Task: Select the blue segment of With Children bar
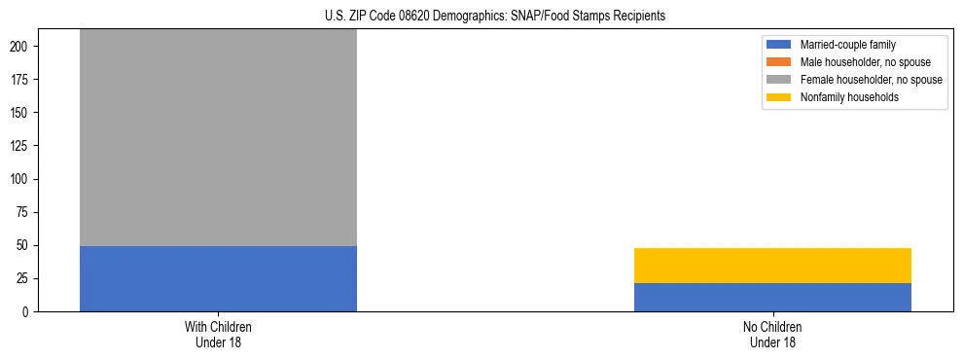(x=218, y=278)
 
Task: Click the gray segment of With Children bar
(x=218, y=137)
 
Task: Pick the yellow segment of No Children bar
(x=772, y=266)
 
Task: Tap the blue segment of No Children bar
(x=772, y=297)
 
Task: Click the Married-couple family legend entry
(x=847, y=45)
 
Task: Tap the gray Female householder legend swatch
(x=779, y=80)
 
